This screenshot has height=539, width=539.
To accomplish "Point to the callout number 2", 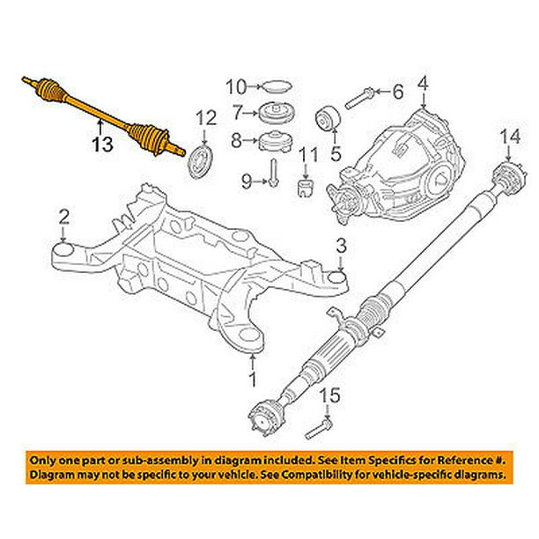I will pyautogui.click(x=63, y=215).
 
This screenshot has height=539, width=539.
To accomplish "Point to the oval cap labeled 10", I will pyautogui.click(x=275, y=86).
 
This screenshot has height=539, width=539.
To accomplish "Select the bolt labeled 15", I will pyautogui.click(x=318, y=431).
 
